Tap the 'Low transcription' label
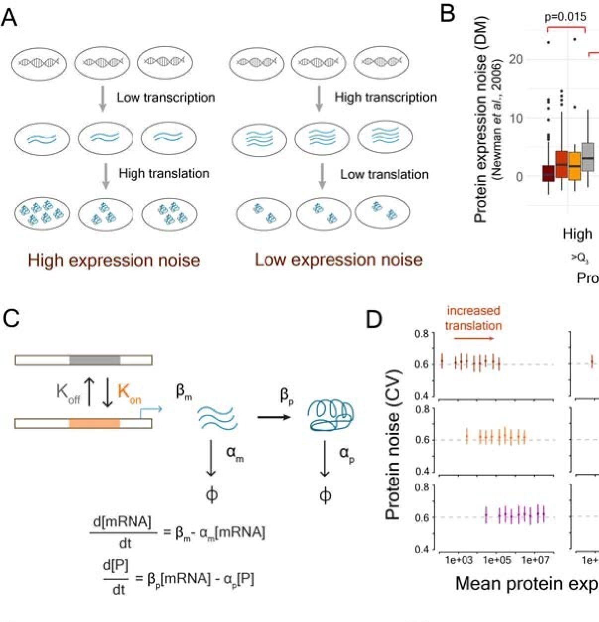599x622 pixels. [x=166, y=97]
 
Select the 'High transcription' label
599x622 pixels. [x=386, y=97]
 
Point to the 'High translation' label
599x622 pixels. [x=164, y=173]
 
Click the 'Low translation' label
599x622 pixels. [x=384, y=174]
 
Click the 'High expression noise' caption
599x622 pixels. [x=114, y=260]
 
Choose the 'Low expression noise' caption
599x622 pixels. [x=338, y=259]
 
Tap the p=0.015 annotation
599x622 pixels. [x=565, y=17]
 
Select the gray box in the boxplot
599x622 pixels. [x=588, y=157]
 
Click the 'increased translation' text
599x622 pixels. [x=473, y=318]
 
